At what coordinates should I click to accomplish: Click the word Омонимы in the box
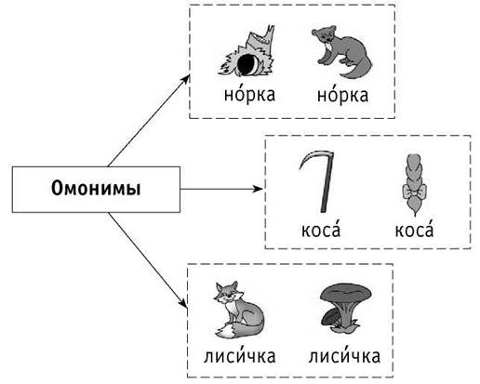(x=96, y=189)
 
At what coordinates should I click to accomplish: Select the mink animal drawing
(x=341, y=52)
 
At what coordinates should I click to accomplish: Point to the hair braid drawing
(x=414, y=185)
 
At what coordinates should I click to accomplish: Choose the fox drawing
(x=238, y=310)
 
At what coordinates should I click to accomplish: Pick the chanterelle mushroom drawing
(x=344, y=308)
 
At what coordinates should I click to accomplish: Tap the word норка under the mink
(x=342, y=94)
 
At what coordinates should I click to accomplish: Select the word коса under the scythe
(x=321, y=229)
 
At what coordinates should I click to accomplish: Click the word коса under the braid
(x=414, y=229)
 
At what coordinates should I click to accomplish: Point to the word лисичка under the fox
(x=239, y=355)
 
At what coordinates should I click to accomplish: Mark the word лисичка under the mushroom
(x=344, y=355)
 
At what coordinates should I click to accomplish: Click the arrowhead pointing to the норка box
(x=186, y=79)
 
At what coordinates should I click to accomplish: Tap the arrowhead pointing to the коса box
(x=258, y=189)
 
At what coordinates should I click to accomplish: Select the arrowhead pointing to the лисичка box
(x=183, y=303)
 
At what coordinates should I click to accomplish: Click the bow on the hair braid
(x=414, y=192)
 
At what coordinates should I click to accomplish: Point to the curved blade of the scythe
(x=313, y=155)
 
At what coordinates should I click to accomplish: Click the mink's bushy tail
(x=360, y=69)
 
